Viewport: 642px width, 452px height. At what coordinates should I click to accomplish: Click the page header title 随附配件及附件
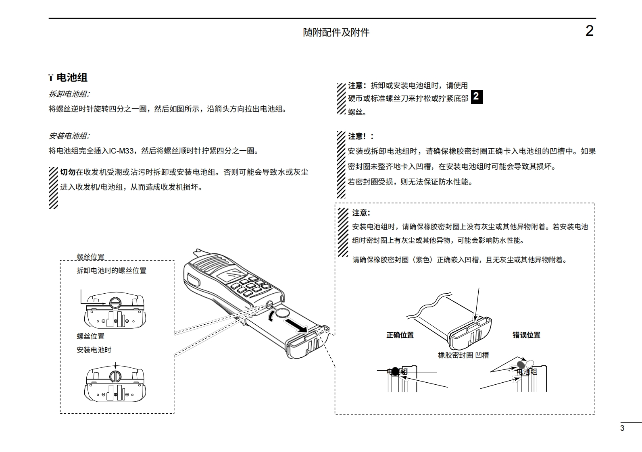coord(336,32)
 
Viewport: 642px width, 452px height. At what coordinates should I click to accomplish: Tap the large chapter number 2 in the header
coord(589,31)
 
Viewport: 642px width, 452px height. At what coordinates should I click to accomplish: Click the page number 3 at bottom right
coord(622,428)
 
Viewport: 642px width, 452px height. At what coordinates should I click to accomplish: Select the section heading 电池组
coord(72,77)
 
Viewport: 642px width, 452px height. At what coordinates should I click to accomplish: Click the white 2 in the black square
coord(476,97)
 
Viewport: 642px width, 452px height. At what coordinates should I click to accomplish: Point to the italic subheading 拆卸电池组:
coord(69,94)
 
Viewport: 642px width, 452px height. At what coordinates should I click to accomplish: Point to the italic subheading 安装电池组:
coord(69,136)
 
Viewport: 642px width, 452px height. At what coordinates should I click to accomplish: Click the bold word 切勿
coord(68,172)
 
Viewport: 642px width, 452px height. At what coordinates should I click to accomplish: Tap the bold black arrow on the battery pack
coord(296,326)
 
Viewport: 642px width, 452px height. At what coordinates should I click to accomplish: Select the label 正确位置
coord(400,335)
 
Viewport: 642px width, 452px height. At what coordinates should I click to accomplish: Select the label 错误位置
coord(526,335)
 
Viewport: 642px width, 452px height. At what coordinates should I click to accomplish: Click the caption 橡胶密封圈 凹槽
coord(463,355)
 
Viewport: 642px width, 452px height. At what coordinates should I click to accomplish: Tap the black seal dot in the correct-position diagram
coord(395,371)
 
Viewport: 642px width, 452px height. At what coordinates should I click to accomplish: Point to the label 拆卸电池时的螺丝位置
coord(111,271)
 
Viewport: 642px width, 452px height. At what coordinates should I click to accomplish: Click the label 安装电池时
coord(94,350)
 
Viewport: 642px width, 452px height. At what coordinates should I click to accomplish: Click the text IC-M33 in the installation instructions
coord(121,151)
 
